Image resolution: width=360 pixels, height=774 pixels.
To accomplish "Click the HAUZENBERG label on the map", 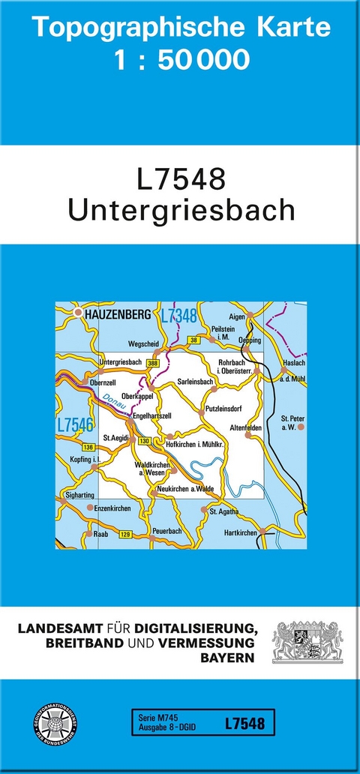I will (x=118, y=315).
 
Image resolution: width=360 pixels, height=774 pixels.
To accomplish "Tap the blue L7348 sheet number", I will (x=178, y=315).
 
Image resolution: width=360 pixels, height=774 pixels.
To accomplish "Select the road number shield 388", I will (x=154, y=364).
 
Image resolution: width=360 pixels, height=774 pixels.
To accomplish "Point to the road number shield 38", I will (x=193, y=340).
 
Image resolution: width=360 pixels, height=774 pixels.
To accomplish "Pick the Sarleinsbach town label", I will (x=196, y=381).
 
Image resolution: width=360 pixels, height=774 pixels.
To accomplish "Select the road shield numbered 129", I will (x=125, y=533).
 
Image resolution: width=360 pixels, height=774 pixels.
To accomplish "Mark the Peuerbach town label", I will (x=166, y=530).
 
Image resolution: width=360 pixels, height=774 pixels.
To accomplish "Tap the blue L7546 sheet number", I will (x=75, y=425).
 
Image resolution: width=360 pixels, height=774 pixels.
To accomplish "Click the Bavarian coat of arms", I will (x=307, y=640).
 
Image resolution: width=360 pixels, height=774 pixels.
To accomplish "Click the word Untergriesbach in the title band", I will (x=181, y=210).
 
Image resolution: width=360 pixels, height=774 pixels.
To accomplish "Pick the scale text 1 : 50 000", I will (x=183, y=60).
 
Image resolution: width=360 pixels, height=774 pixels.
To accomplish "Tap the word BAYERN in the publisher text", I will (x=226, y=657).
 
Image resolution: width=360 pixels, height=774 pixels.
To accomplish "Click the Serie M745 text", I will (x=154, y=717).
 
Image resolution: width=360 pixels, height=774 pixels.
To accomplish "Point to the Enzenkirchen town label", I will (x=112, y=508).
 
